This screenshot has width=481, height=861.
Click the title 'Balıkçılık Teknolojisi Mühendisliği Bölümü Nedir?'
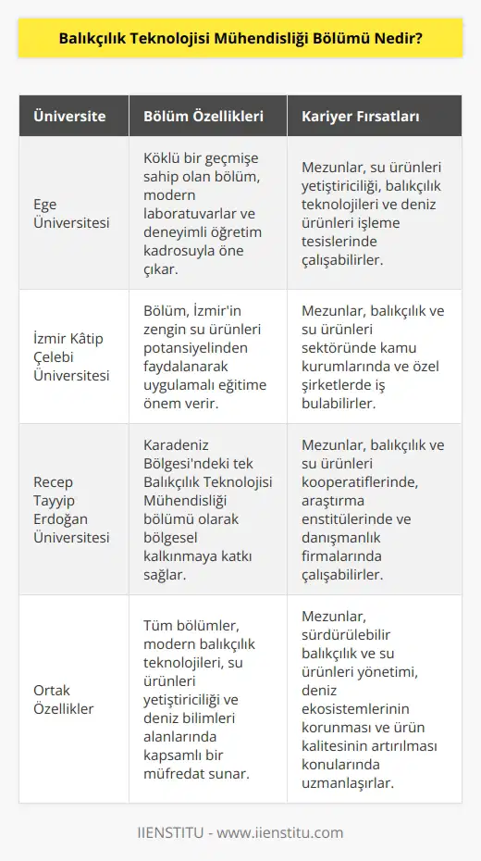click(240, 40)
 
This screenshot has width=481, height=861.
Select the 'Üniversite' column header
click(69, 118)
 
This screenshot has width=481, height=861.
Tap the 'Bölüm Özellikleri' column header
click(203, 118)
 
